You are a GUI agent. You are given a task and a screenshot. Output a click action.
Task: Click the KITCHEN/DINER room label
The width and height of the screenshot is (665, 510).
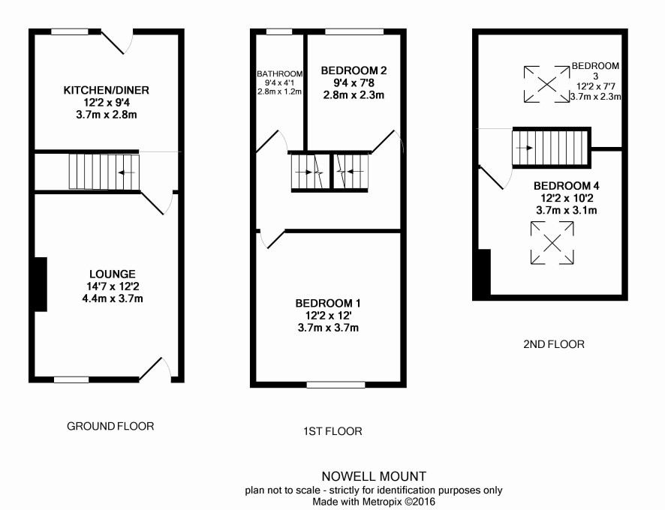click(x=107, y=90)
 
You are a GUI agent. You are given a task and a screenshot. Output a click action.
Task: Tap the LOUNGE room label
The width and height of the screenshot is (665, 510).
click(x=113, y=274)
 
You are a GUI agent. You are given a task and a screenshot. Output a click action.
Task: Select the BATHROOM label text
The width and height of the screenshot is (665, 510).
click(x=279, y=73)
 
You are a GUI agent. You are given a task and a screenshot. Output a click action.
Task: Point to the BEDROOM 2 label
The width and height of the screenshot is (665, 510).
click(x=354, y=70)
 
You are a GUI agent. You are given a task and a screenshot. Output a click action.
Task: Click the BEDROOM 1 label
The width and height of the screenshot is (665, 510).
click(x=328, y=304)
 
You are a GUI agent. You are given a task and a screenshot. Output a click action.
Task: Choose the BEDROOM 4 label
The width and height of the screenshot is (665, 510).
click(x=566, y=186)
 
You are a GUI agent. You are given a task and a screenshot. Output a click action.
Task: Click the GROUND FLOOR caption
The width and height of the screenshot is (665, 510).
click(x=110, y=426)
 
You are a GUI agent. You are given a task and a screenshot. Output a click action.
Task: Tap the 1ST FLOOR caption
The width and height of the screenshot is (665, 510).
click(x=333, y=431)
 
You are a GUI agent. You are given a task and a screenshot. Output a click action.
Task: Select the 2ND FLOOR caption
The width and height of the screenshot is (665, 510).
click(x=554, y=344)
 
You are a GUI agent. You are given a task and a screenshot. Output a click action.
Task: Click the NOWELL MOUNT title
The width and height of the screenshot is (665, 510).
click(x=374, y=476)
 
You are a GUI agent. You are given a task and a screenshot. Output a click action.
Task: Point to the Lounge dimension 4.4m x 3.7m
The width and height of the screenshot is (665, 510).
click(x=113, y=298)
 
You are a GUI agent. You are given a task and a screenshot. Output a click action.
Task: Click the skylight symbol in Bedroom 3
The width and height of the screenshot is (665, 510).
click(x=546, y=84)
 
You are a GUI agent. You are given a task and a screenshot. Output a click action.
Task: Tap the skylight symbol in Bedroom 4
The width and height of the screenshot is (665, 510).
click(x=552, y=243)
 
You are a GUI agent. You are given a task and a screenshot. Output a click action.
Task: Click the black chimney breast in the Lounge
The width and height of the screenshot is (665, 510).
click(x=41, y=284)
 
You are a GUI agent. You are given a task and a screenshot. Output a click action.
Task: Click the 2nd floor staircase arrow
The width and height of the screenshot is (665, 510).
click(x=524, y=148)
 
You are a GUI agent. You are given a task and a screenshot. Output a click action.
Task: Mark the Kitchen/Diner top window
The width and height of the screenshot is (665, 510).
click(x=70, y=31)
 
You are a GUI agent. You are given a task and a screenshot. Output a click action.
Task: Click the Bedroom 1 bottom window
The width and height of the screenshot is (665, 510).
click(x=336, y=385)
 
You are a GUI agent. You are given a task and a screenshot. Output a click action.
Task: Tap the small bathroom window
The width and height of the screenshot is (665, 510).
click(x=279, y=31)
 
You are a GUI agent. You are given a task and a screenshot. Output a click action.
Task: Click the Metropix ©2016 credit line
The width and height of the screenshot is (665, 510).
click(x=374, y=502)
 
